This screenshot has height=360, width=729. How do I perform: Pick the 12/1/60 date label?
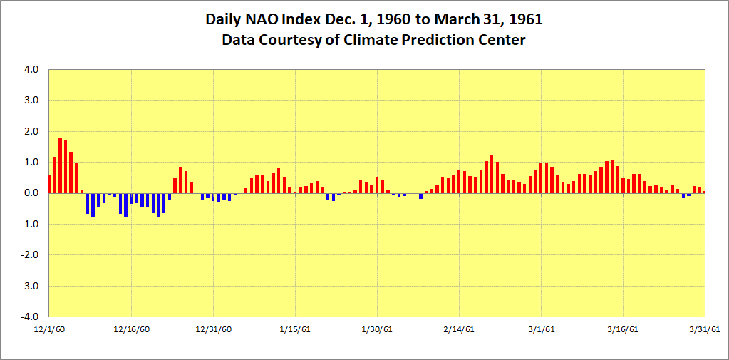(x=49, y=329)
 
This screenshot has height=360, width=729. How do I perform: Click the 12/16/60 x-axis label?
(x=131, y=329)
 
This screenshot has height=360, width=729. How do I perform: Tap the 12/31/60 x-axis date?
(x=213, y=329)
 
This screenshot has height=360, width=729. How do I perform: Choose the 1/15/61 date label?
(x=295, y=329)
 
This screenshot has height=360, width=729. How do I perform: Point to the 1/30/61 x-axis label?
(x=377, y=329)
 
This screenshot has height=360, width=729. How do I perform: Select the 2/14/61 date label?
(x=459, y=329)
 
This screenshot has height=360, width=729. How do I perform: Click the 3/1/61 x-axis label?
(x=541, y=329)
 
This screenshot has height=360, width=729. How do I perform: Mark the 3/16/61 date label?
(x=623, y=329)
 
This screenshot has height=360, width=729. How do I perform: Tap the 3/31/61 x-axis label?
(x=704, y=329)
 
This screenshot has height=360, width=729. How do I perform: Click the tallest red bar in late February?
(x=492, y=175)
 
